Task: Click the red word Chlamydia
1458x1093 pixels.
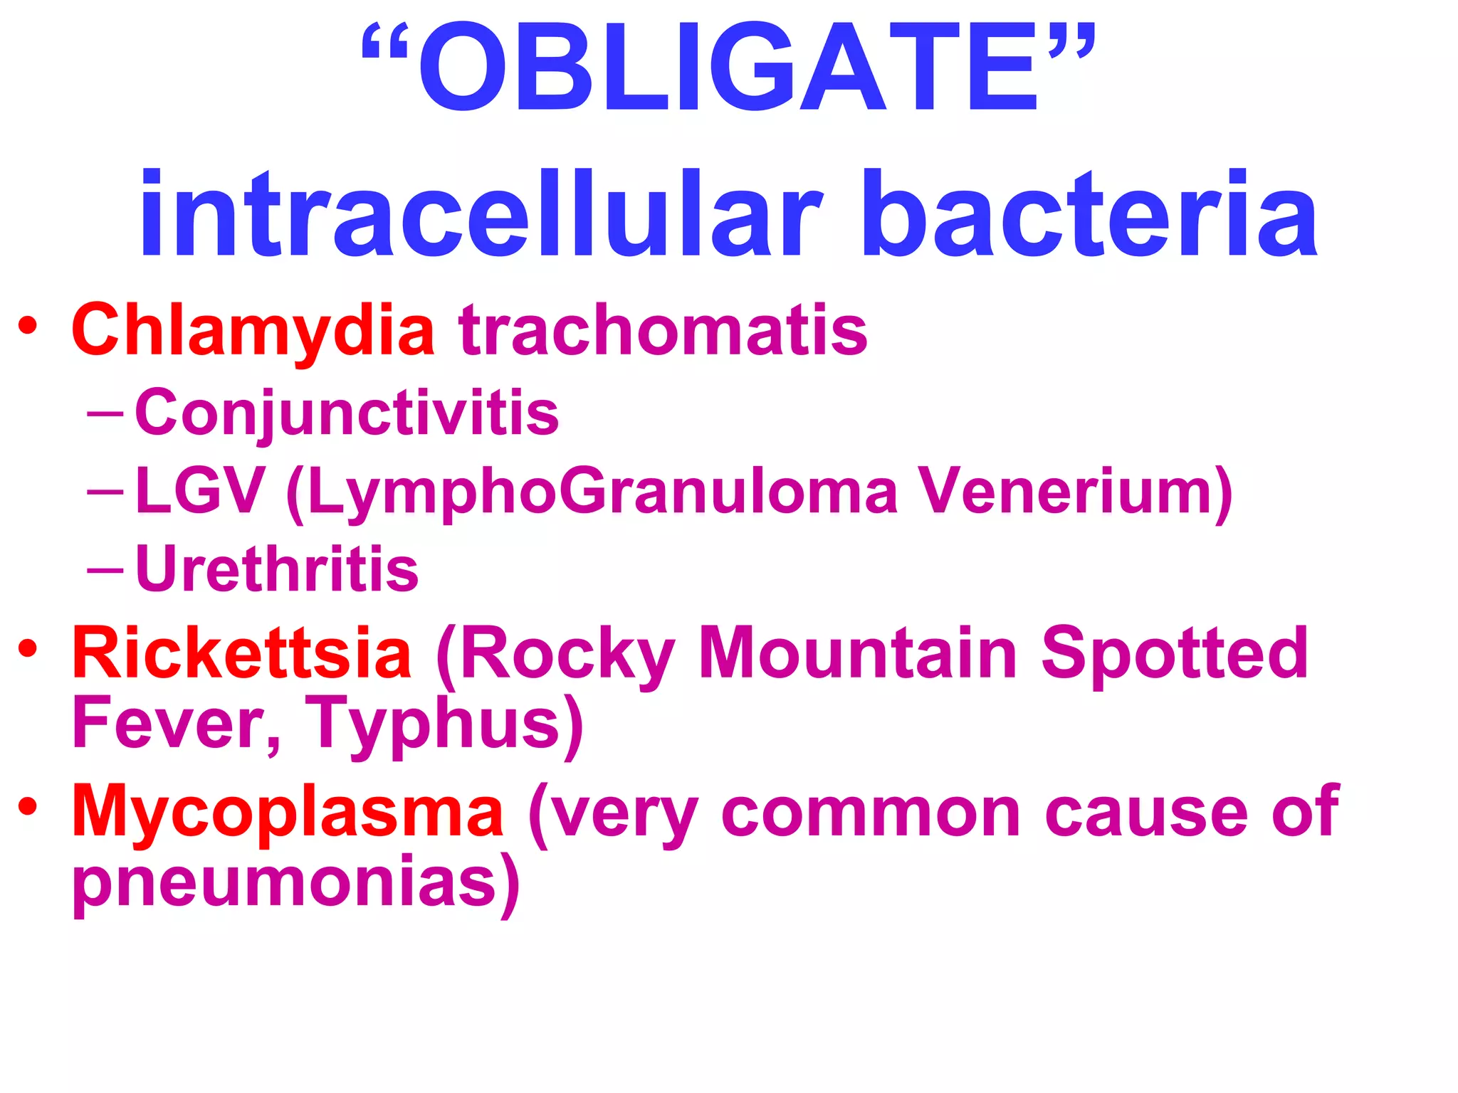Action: point(253,329)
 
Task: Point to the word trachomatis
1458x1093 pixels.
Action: point(663,329)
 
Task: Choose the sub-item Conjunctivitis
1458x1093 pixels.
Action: point(347,413)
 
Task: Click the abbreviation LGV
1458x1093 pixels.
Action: point(200,490)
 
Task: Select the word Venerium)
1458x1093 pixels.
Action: point(1075,490)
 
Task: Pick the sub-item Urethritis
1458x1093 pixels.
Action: point(277,569)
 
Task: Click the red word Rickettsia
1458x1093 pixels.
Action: point(241,653)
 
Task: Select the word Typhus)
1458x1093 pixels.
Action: point(445,724)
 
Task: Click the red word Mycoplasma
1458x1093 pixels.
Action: point(288,811)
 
